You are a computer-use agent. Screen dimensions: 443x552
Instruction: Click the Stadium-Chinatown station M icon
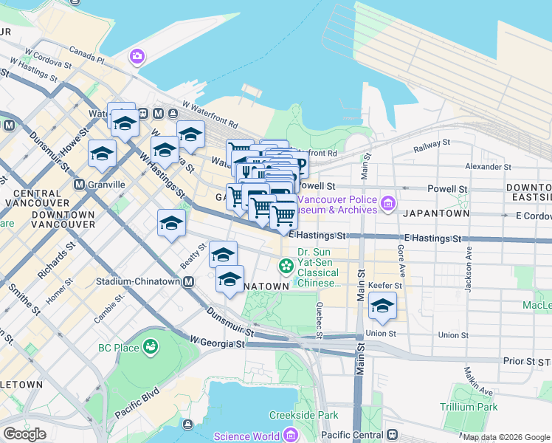(x=189, y=281)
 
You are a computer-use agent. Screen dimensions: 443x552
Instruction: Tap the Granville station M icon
(x=79, y=184)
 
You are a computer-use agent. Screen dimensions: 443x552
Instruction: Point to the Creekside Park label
(x=303, y=416)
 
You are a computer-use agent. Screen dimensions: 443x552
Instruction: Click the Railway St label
(x=431, y=145)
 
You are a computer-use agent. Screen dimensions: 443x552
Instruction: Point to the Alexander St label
(x=484, y=167)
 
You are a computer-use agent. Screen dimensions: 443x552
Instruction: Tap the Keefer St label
(x=387, y=286)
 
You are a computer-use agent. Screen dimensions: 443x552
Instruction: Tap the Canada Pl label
(x=87, y=55)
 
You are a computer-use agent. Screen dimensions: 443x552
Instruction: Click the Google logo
(x=24, y=434)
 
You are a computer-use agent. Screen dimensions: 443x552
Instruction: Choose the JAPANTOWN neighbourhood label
(x=436, y=213)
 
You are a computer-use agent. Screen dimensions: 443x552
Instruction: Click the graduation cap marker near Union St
(x=382, y=306)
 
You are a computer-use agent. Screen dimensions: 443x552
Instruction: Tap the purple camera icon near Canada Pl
(x=137, y=56)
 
